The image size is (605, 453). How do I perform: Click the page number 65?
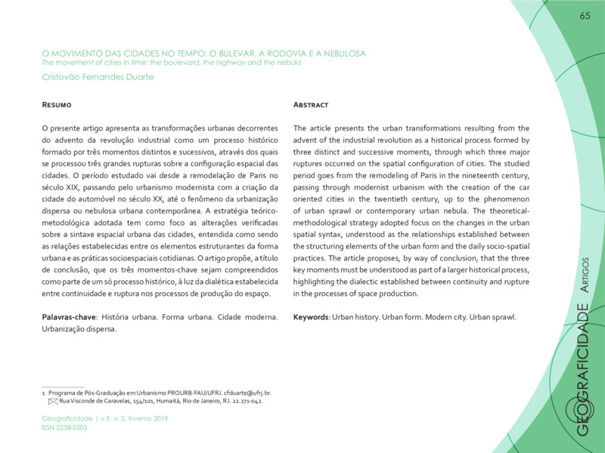pos(585,17)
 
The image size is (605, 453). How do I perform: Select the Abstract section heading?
pos(311,104)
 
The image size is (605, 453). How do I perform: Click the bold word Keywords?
pos(311,316)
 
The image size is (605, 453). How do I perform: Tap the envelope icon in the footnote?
pos(53,402)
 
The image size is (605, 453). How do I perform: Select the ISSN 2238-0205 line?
pos(64,427)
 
